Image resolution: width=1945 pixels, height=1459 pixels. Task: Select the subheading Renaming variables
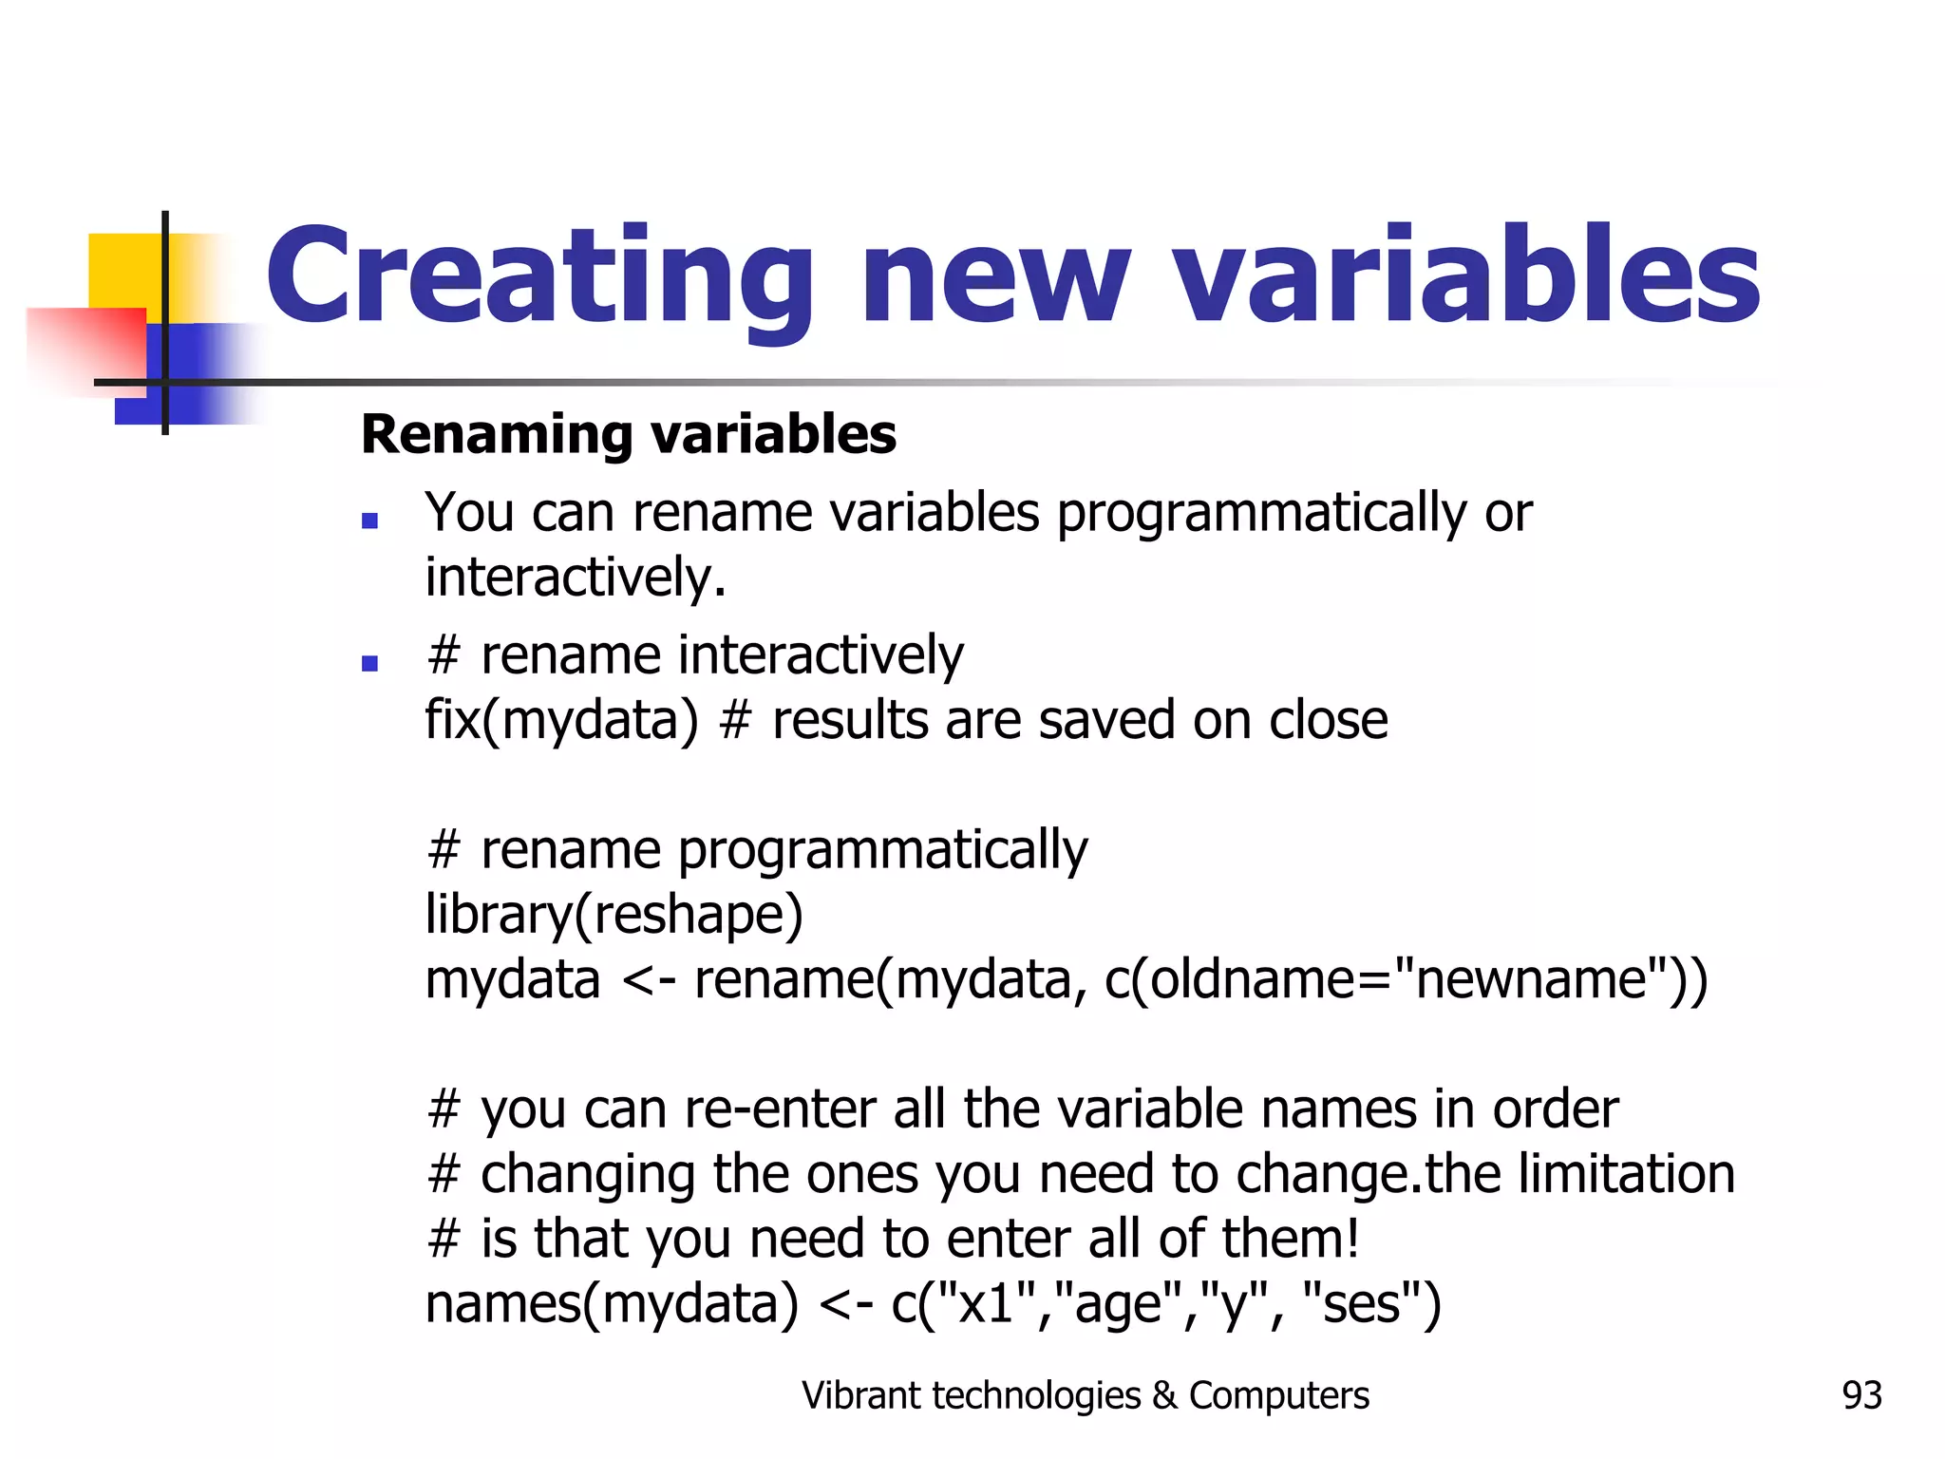click(629, 435)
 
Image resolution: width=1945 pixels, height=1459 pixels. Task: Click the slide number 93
click(1861, 1395)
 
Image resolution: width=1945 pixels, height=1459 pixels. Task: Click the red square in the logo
click(90, 347)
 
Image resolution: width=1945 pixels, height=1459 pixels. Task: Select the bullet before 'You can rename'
click(370, 521)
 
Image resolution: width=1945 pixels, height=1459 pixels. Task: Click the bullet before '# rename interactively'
click(370, 663)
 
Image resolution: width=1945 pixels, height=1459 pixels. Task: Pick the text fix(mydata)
click(561, 720)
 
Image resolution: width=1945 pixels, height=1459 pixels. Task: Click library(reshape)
click(614, 914)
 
